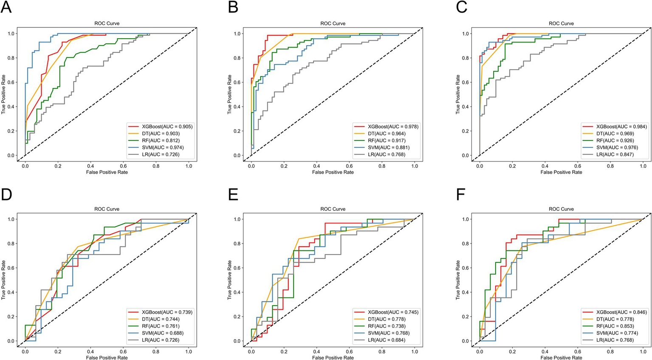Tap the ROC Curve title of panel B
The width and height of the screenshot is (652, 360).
(x=333, y=23)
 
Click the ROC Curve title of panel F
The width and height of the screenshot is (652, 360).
(x=561, y=209)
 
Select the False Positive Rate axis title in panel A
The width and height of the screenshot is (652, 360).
(x=107, y=172)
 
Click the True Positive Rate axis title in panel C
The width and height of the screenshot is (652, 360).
(x=458, y=94)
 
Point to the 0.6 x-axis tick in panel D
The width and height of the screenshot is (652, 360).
(x=123, y=352)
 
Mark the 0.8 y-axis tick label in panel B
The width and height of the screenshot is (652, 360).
(x=237, y=58)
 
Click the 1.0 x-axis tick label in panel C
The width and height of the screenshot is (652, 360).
(x=643, y=166)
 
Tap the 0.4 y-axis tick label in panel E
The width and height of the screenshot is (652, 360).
(x=237, y=292)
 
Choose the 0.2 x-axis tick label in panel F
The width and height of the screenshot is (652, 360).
(x=512, y=352)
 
